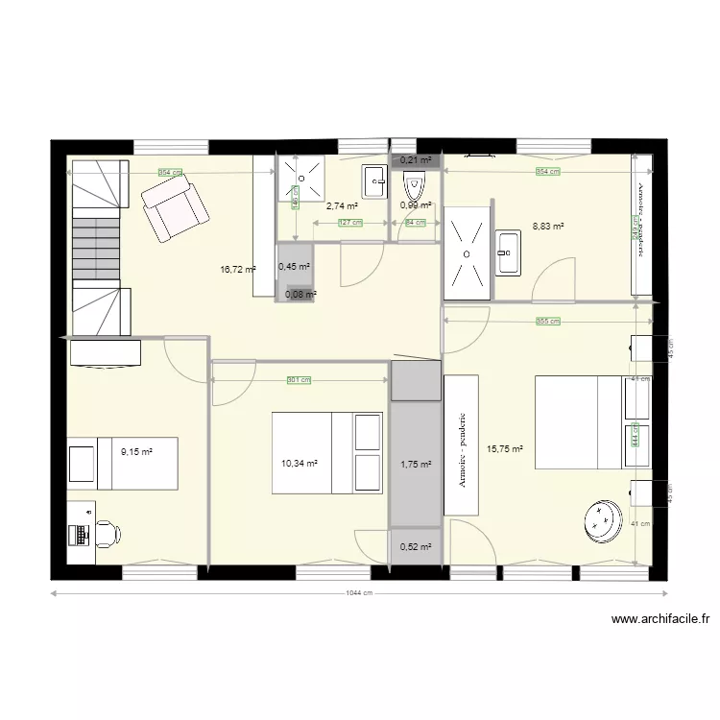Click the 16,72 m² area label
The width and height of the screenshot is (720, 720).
[237, 271]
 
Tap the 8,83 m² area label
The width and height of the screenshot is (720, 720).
[548, 228]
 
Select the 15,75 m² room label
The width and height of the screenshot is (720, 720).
[505, 448]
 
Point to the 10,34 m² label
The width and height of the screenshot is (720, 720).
[299, 463]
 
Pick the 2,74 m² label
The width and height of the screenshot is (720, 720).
[342, 205]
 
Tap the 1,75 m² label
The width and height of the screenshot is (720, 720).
[416, 465]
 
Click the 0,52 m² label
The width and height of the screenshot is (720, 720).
[416, 547]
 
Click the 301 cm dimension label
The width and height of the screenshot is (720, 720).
[300, 380]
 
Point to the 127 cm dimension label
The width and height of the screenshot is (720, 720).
[350, 223]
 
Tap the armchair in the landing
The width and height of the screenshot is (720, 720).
[175, 208]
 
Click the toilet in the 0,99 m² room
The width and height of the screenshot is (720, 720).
[415, 184]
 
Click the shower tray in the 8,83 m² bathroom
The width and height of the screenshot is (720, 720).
[467, 252]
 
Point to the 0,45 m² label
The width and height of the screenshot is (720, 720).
[294, 267]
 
